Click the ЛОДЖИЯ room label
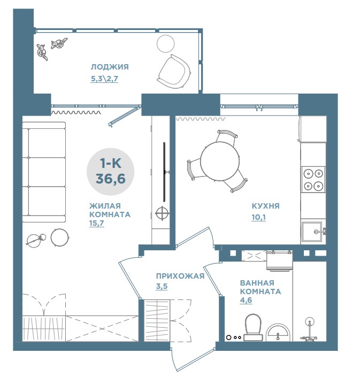click(x=110, y=67)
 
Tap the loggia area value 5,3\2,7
click(x=104, y=79)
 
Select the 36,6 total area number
click(x=110, y=179)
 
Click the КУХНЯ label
click(x=265, y=206)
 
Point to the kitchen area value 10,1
click(x=258, y=217)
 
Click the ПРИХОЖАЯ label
click(x=180, y=276)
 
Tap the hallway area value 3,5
click(x=162, y=286)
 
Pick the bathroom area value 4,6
click(x=246, y=300)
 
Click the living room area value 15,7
click(x=96, y=224)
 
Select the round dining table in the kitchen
click(x=220, y=162)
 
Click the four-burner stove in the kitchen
click(x=313, y=180)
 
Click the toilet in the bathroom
click(x=253, y=328)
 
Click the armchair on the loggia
click(x=174, y=71)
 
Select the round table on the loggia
click(x=165, y=44)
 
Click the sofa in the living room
click(x=44, y=172)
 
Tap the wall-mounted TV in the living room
click(x=165, y=172)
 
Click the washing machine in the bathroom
click(x=279, y=260)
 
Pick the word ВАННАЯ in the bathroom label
click(x=257, y=283)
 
